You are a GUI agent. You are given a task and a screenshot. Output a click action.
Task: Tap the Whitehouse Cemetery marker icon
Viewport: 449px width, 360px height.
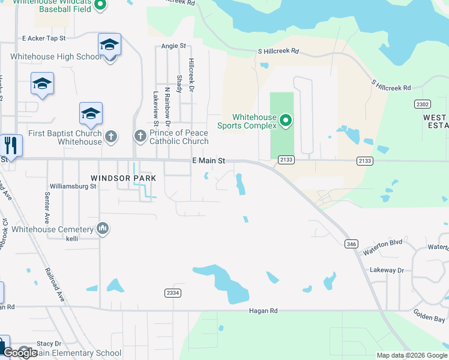[103, 228]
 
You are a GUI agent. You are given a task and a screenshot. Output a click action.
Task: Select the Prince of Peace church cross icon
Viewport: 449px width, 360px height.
[140, 136]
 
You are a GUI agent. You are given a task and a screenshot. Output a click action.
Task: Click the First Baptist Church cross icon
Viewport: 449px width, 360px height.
[110, 137]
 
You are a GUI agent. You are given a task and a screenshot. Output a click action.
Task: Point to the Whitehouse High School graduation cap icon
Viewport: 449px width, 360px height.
[109, 45]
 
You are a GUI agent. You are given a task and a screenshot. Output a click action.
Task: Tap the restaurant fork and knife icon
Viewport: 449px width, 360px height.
[11, 146]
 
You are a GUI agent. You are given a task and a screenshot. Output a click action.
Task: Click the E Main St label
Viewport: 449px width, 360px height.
[208, 161]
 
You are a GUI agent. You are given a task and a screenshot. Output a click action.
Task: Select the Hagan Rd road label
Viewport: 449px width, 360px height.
[264, 311]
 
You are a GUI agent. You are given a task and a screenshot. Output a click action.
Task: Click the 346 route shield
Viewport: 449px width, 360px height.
[351, 244]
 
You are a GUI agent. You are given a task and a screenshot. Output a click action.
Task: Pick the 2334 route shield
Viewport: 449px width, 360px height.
[172, 292]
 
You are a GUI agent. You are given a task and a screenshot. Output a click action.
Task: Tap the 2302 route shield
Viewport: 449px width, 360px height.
[422, 104]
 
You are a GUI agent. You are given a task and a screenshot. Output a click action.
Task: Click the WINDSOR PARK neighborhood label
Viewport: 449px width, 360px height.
[123, 178]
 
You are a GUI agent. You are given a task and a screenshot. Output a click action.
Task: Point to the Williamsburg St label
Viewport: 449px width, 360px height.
[73, 187]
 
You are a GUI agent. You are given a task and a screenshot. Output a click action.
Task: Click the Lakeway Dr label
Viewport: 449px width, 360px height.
[387, 271]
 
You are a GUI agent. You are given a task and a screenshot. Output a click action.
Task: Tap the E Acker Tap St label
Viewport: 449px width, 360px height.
[43, 38]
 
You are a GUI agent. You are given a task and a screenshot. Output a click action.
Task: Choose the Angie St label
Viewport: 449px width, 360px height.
[174, 46]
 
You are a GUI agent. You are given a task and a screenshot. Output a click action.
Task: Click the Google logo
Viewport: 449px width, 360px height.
[20, 353]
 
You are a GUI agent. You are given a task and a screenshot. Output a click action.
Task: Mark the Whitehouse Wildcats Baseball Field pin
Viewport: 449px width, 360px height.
[100, 5]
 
